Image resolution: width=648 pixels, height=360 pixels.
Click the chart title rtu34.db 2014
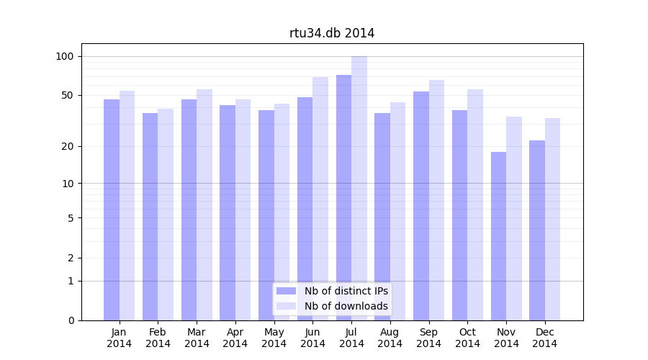[x=332, y=33]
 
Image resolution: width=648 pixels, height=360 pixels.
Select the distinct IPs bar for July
[x=343, y=198]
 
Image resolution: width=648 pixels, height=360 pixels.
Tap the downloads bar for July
[x=359, y=189]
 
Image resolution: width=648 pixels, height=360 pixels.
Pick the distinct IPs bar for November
[x=498, y=236]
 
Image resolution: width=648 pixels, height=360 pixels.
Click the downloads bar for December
[x=552, y=220]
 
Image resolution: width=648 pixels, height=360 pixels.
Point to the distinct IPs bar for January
[x=112, y=210]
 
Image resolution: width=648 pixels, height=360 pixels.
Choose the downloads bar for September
[x=436, y=200]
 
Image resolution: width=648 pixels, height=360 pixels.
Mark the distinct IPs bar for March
[x=189, y=210]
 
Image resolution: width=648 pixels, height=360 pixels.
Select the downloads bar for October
[x=475, y=205]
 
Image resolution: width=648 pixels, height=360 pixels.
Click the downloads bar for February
[x=166, y=215]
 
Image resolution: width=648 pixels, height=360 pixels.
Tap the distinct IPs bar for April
[x=228, y=213]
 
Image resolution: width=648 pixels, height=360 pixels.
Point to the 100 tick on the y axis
[x=65, y=56]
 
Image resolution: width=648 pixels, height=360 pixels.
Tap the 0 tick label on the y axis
[x=71, y=320]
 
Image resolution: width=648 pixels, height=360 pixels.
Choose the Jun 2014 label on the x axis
[x=312, y=338]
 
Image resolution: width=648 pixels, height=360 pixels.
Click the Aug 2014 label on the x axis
[x=390, y=338]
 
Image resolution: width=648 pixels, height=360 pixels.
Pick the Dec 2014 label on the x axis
[x=545, y=338]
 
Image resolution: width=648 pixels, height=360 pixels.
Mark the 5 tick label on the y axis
[x=71, y=217]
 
